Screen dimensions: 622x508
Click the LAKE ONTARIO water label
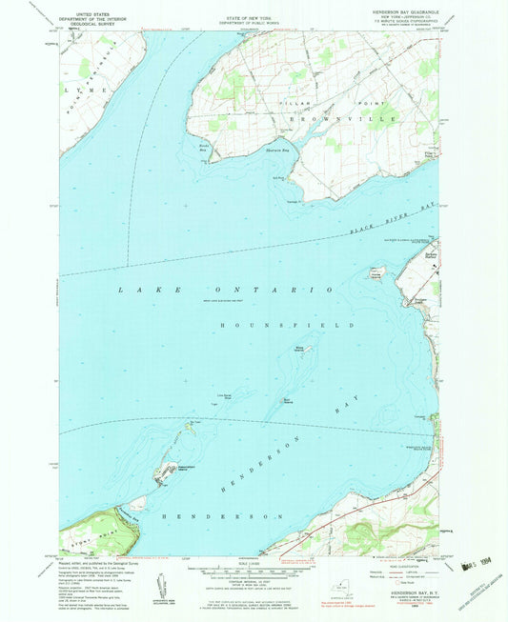[x=225, y=289]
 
